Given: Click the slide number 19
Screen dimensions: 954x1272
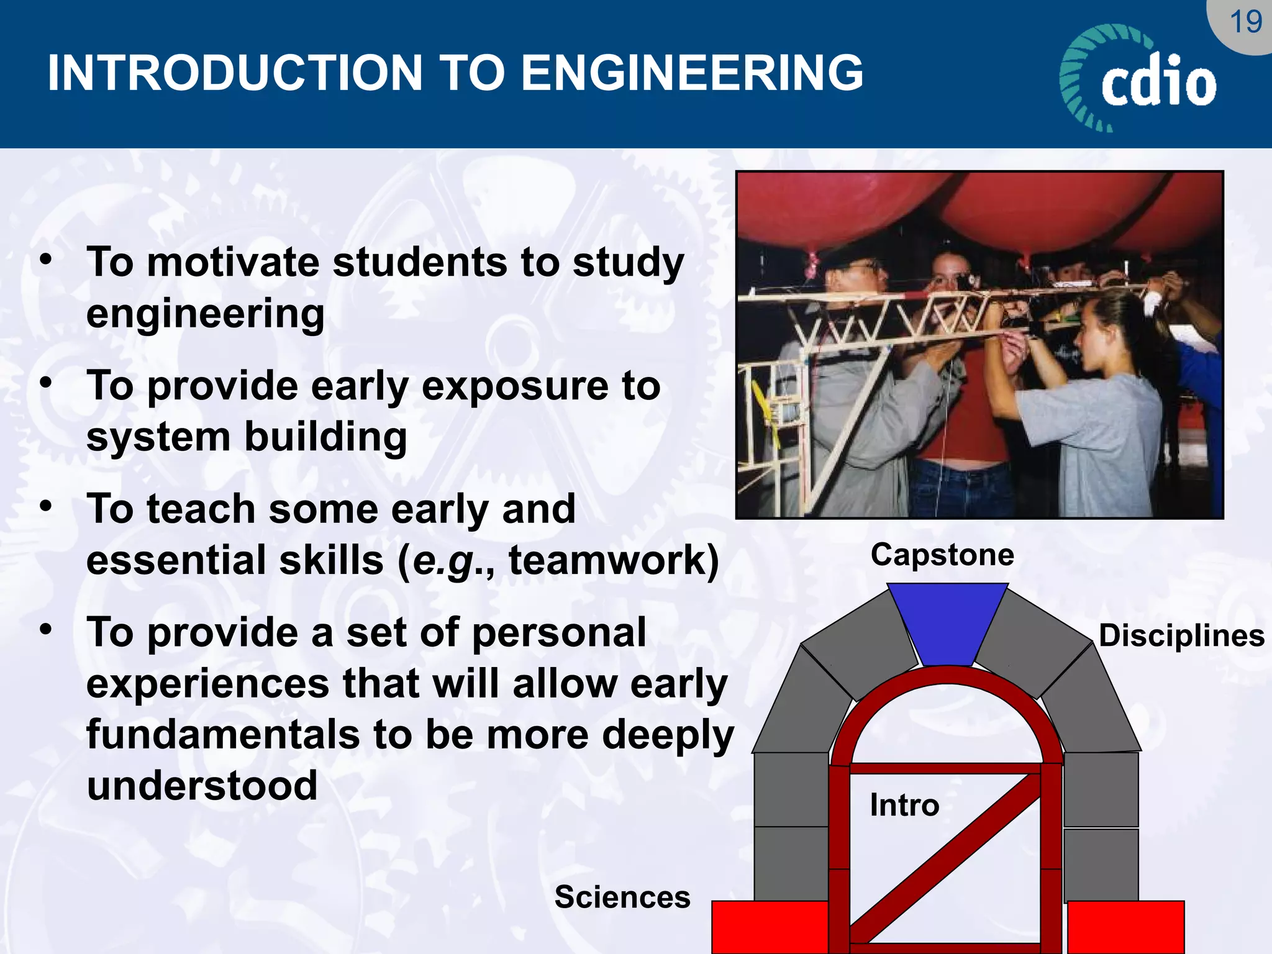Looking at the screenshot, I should point(1245,22).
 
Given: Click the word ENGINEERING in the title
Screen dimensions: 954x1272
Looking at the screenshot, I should point(691,73).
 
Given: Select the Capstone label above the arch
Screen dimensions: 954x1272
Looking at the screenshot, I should point(942,555).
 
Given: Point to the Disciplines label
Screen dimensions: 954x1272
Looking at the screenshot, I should point(1181,636).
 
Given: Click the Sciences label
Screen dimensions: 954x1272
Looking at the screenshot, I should point(622,897).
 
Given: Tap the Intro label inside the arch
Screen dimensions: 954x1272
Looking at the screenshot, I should point(904,806).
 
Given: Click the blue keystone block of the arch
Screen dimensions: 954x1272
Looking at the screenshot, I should point(947,621).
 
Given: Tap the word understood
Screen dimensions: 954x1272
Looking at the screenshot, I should point(202,786).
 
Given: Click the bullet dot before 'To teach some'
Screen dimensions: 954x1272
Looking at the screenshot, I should point(46,507).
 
